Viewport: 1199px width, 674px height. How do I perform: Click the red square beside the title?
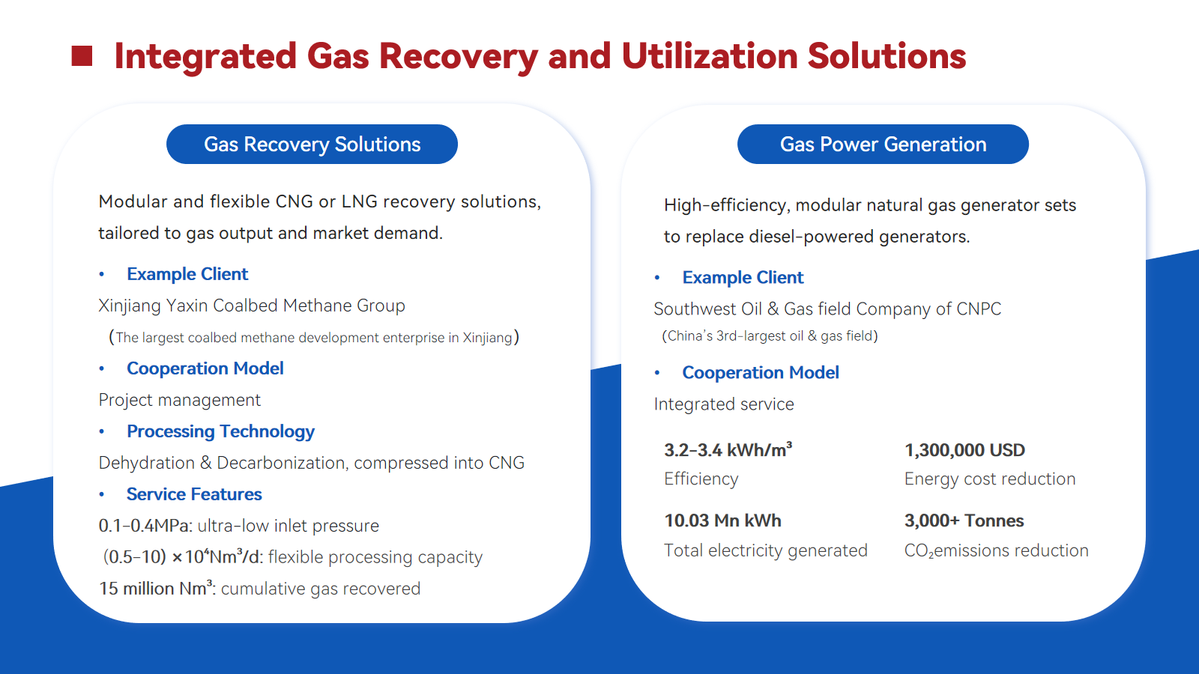click(82, 56)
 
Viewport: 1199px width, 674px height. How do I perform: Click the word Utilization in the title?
click(709, 56)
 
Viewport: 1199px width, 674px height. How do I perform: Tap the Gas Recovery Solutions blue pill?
click(312, 145)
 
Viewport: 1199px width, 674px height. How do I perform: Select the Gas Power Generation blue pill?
click(884, 145)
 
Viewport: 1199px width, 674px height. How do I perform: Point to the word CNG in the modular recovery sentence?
click(295, 201)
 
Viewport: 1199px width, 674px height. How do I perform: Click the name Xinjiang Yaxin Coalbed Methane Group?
click(252, 306)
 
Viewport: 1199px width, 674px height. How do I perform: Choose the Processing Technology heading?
click(220, 431)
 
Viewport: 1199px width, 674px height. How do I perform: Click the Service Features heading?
click(194, 494)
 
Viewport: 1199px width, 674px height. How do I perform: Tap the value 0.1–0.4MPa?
click(145, 526)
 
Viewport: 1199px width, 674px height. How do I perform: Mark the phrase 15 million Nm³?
click(156, 589)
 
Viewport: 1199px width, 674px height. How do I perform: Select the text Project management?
click(179, 400)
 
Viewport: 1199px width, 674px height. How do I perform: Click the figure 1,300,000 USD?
click(964, 450)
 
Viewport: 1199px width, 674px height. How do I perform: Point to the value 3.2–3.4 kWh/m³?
click(728, 450)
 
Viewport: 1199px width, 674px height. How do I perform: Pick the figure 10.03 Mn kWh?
click(722, 520)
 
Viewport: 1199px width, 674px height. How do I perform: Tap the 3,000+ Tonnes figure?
click(964, 520)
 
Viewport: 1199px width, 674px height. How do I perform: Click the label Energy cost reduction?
click(990, 479)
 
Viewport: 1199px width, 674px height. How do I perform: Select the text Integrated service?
click(724, 404)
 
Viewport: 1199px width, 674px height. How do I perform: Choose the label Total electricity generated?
click(765, 550)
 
